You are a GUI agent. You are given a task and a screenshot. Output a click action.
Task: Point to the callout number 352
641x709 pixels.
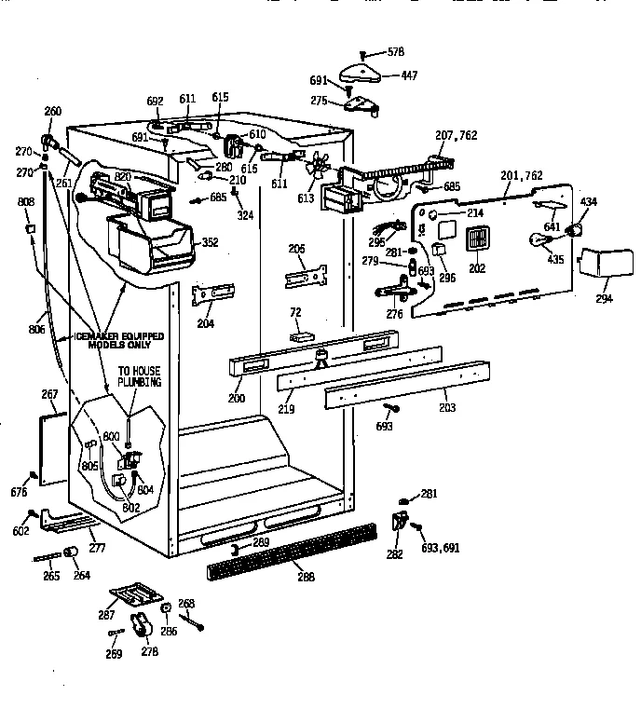(211, 243)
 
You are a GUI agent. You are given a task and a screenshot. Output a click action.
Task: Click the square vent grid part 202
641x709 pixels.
(476, 239)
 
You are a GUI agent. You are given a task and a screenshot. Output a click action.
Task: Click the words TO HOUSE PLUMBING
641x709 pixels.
(139, 376)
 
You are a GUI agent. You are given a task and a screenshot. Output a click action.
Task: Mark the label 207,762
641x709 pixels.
(456, 135)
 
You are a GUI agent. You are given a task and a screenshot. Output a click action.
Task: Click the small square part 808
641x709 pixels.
(31, 228)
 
